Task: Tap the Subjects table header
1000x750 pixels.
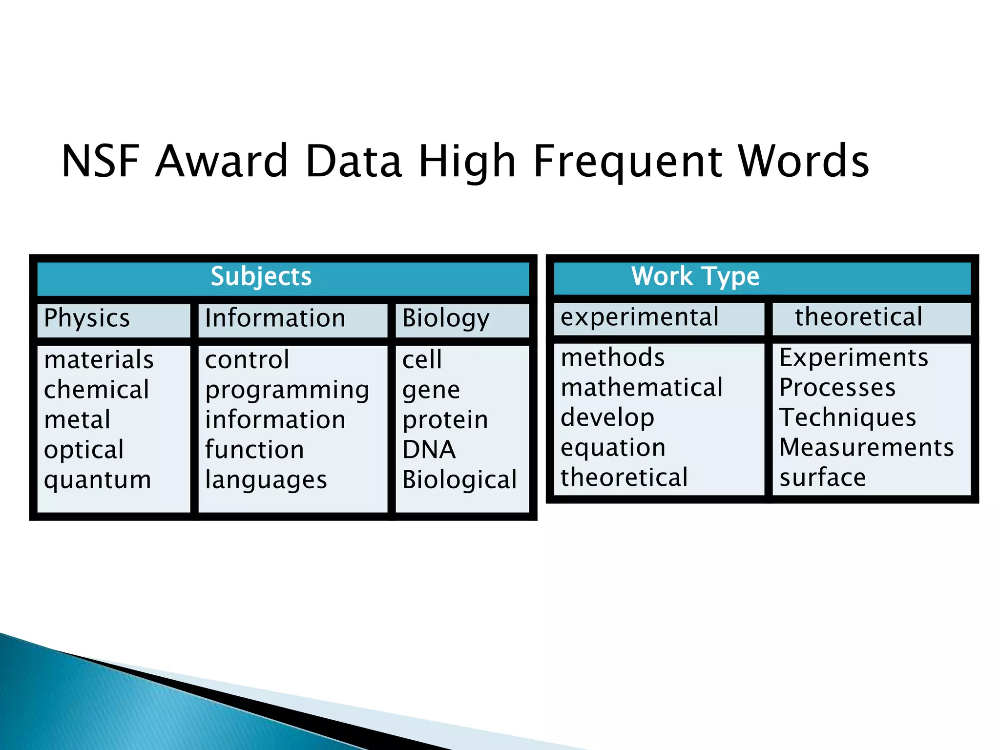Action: [261, 276]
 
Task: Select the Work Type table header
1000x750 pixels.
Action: [695, 276]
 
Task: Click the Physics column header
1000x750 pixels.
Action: [87, 318]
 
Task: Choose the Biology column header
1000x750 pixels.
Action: [445, 318]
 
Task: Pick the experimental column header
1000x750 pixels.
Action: [640, 317]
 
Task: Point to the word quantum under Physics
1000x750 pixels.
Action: [98, 479]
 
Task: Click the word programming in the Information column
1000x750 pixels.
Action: [287, 390]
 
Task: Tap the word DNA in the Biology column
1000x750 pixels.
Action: [429, 450]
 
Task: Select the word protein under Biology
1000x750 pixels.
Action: [445, 420]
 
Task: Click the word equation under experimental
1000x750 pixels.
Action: [613, 448]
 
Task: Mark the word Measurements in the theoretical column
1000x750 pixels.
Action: [866, 447]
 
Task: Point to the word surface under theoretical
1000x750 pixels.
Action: [822, 478]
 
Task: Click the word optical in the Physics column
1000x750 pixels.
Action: [83, 450]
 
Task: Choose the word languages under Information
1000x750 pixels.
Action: [266, 480]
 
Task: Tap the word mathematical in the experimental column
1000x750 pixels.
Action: [642, 388]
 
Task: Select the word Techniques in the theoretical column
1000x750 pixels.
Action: [848, 417]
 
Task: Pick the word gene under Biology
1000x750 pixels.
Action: [431, 390]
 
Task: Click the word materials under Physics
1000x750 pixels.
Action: [99, 360]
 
